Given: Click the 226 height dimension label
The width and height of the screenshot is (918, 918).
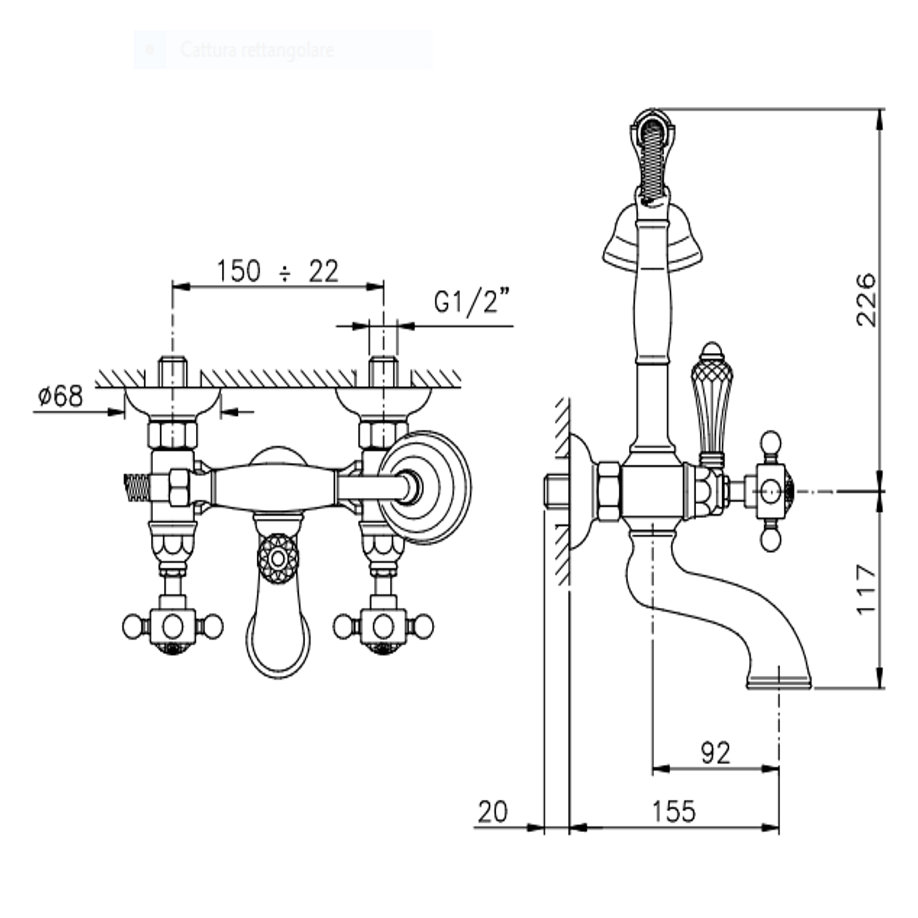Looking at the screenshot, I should coord(866,299).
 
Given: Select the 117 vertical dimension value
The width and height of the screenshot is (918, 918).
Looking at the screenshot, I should coord(866,589).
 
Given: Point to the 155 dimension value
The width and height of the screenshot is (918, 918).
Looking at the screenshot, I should coord(673,811).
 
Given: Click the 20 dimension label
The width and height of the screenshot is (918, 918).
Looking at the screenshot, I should coord(492,812).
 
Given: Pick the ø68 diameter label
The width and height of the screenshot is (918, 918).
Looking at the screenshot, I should coord(60,396).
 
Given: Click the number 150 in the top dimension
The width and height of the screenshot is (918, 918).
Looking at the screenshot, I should coord(238,272).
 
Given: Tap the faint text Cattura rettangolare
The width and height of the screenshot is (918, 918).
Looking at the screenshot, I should coord(257,50).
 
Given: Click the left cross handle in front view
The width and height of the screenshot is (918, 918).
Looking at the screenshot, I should coord(173,627).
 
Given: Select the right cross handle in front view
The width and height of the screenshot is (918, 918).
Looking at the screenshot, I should coord(383,627).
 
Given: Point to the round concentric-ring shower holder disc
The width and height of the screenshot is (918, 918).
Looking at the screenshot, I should coord(426,487).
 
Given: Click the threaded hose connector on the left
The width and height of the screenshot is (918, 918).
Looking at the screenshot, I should coord(137,488).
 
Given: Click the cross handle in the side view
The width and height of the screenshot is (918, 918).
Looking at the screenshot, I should coord(770,491).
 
